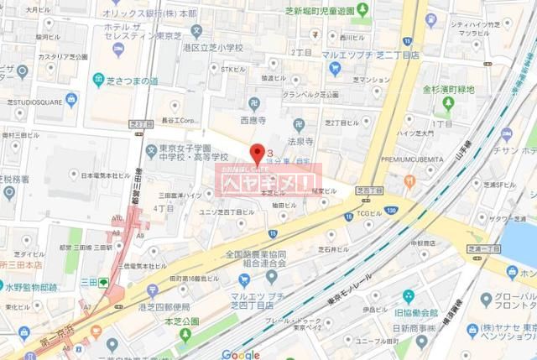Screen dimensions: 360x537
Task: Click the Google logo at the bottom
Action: click(242, 353)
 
